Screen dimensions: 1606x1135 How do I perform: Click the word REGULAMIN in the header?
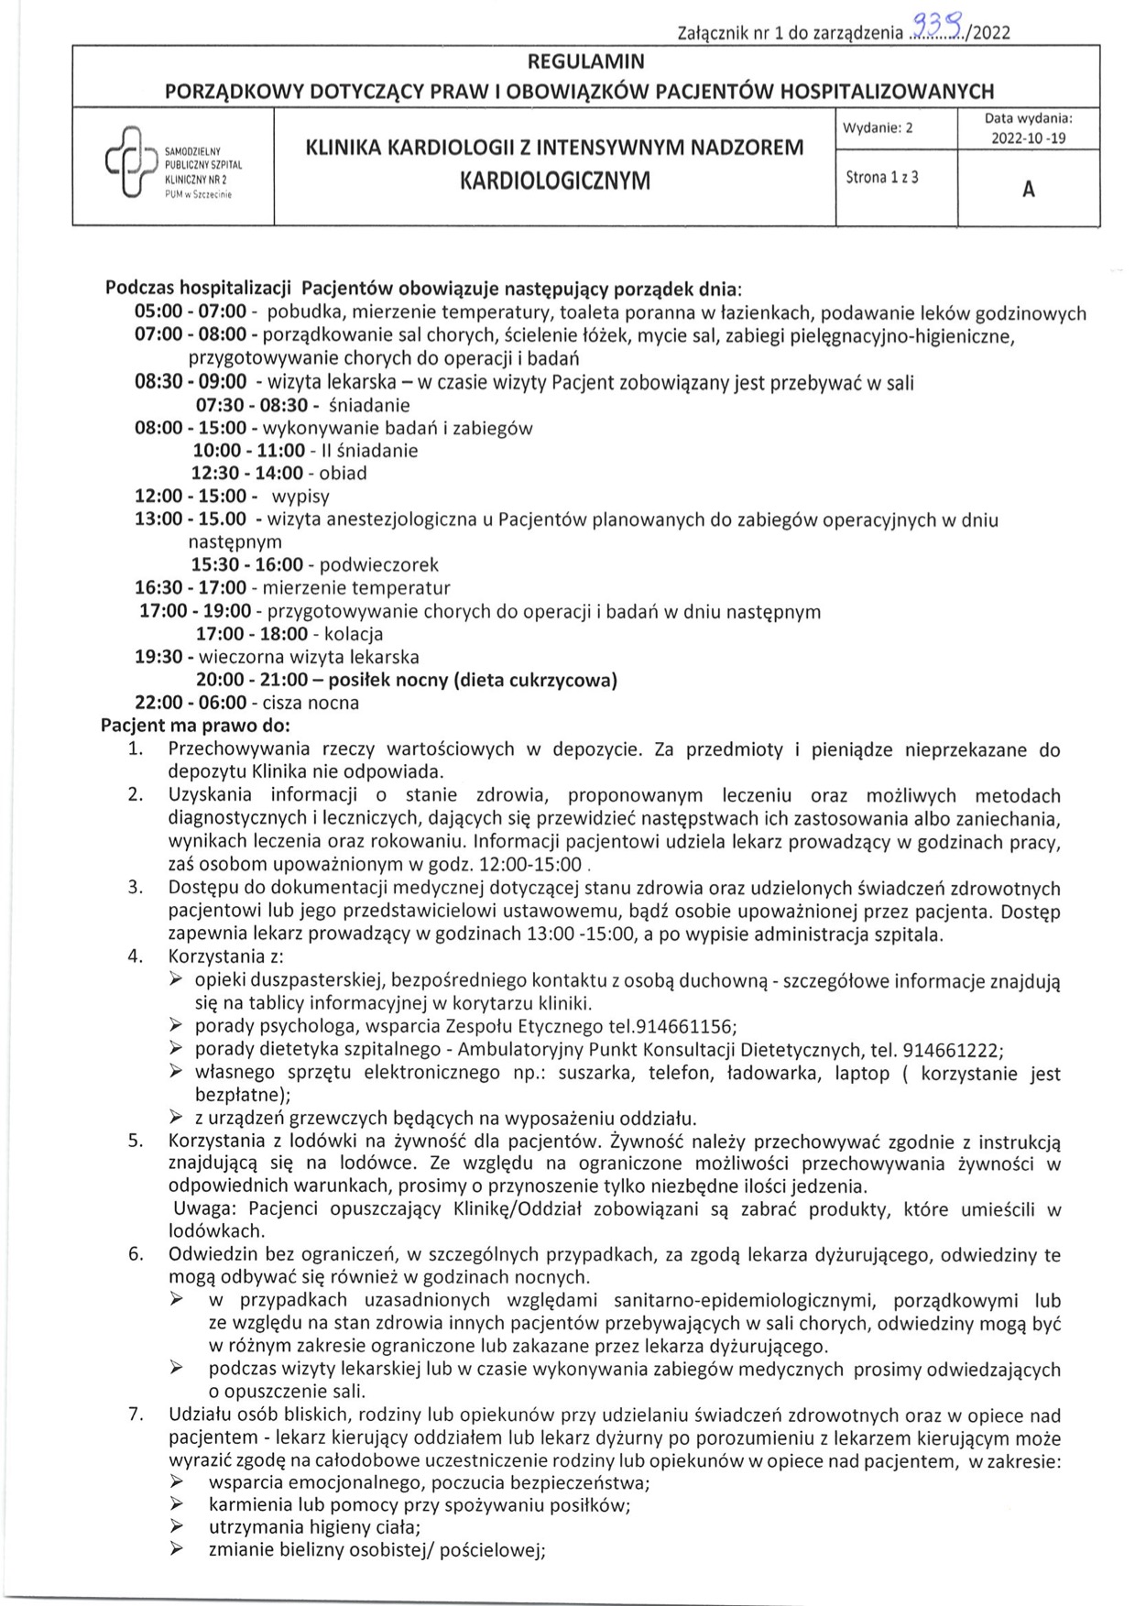point(586,61)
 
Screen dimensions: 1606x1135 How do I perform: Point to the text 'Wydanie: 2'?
point(879,128)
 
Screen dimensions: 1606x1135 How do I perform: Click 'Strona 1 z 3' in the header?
point(881,178)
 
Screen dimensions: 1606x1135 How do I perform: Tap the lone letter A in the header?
point(1028,190)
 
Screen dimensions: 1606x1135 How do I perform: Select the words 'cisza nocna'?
point(311,703)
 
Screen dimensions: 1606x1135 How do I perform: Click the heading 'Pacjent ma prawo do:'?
point(194,726)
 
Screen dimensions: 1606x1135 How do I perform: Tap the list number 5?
point(135,1141)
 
